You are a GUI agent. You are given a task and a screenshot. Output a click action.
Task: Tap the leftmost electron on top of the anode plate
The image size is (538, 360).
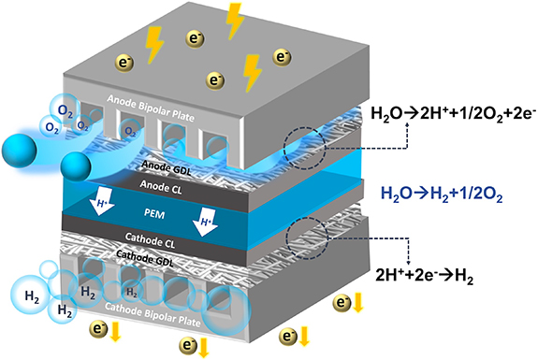tap(124, 63)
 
